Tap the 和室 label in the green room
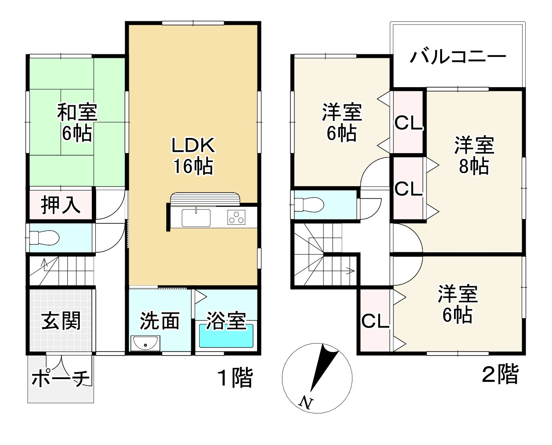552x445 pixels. point(77,112)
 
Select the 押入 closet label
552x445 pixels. point(61,205)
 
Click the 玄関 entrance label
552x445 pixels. point(61,320)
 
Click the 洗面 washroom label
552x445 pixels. point(159,321)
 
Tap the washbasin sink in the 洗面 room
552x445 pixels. point(145,343)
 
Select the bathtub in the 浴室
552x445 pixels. point(226,336)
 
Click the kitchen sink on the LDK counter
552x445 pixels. point(196,218)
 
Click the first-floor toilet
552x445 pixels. point(44,238)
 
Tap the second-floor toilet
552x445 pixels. point(309,205)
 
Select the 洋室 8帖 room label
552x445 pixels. point(474,156)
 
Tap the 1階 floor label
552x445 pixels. point(235,378)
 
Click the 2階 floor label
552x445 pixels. point(500,374)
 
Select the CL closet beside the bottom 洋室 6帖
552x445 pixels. point(375,321)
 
